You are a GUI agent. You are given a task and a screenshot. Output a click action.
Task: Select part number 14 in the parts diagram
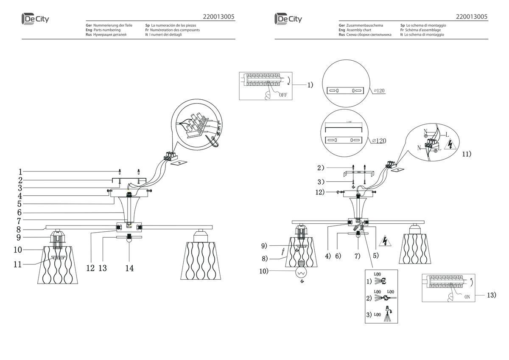[129, 268]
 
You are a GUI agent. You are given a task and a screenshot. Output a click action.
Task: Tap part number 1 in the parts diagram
[20, 172]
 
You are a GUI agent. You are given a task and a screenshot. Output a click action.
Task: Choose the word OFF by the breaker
[283, 95]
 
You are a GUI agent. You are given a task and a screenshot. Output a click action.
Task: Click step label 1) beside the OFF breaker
[310, 85]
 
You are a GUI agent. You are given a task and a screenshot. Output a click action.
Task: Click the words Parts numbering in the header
[106, 30]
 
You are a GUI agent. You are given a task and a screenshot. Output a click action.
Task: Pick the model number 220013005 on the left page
[219, 17]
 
